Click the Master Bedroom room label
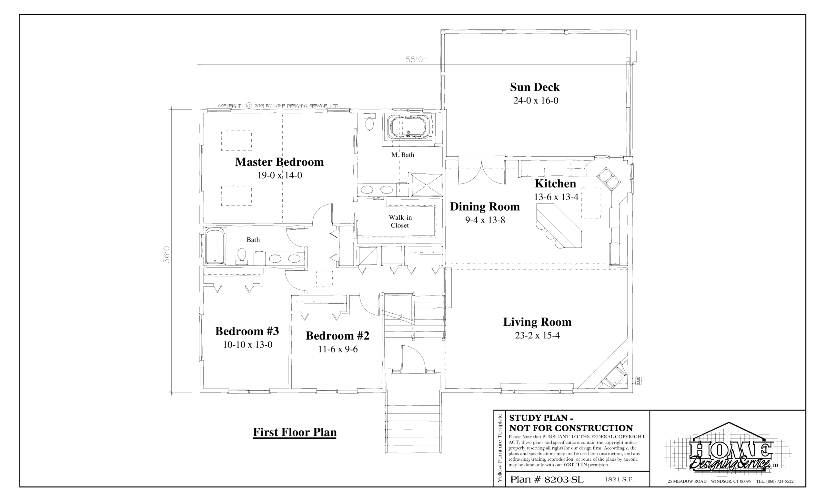279,162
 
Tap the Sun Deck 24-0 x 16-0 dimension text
536,101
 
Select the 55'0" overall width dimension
416,60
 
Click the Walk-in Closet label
400,222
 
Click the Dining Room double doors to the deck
481,173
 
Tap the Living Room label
537,322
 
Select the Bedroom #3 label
247,331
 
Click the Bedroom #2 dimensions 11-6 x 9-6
337,349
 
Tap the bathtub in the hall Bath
215,246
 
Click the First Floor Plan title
295,432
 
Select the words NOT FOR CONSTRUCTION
571,428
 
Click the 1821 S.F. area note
619,479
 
